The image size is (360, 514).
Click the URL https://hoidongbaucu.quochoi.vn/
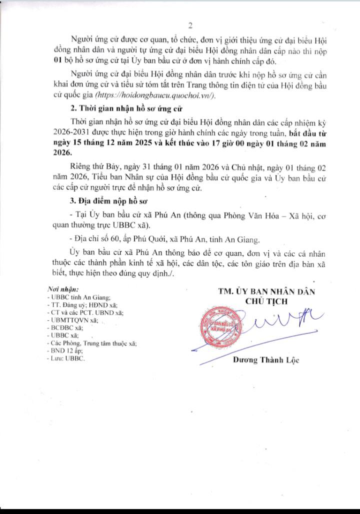point(162,96)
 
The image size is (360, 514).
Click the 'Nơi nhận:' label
point(62,289)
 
